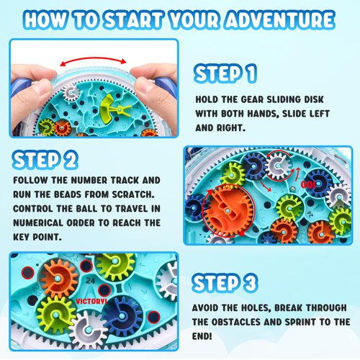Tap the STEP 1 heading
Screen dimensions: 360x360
[225, 72]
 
